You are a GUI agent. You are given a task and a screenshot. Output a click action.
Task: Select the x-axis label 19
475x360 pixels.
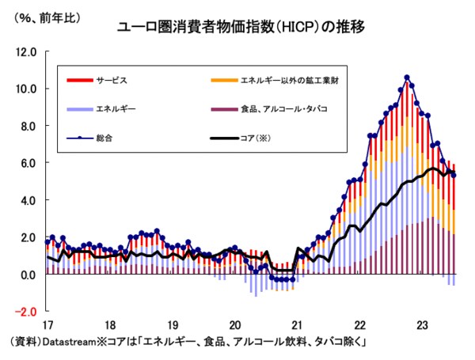(172, 325)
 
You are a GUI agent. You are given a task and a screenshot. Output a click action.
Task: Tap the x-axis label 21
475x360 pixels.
(296, 325)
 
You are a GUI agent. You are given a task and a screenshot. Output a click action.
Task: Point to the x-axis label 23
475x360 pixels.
(421, 325)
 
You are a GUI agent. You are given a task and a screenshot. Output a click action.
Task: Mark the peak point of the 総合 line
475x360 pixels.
(407, 78)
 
